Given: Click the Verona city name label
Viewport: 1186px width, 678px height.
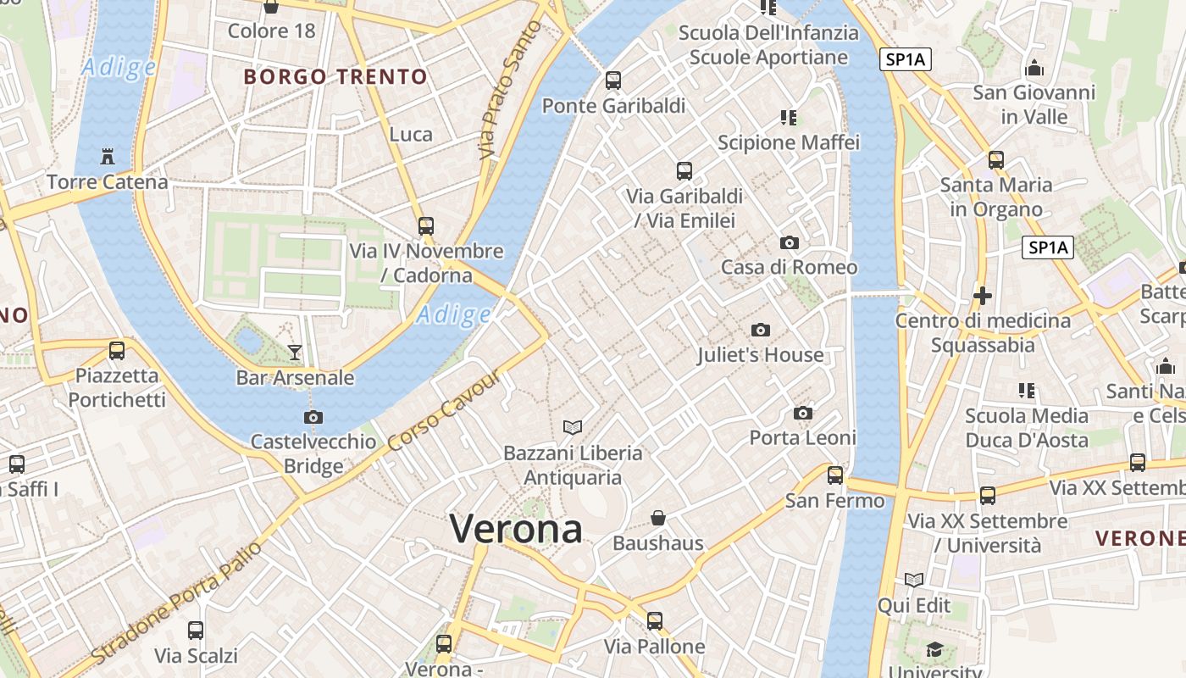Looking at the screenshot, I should (x=516, y=530).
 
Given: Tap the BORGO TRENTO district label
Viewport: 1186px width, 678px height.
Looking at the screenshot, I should (x=335, y=77).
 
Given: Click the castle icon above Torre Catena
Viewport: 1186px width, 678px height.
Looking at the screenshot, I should (x=108, y=156).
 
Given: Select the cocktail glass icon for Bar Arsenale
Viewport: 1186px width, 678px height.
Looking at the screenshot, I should (x=295, y=352).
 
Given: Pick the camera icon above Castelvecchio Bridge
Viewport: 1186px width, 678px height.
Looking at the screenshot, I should (x=313, y=417).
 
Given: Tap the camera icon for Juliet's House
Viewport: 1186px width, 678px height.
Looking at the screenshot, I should (x=761, y=330).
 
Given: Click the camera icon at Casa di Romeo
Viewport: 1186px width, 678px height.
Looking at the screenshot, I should (x=790, y=243).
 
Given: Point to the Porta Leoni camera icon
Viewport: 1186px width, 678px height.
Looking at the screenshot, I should (x=803, y=414).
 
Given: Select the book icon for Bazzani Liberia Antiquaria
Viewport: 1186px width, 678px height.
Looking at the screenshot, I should (x=573, y=427).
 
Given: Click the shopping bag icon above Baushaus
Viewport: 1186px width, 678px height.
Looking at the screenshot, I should (x=658, y=517).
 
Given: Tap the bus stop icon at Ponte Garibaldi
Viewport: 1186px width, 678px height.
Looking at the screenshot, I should (x=613, y=81).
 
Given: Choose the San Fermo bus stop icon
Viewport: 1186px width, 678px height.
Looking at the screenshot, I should (x=835, y=475).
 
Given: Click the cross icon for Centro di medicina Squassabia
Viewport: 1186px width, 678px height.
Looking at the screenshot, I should (x=983, y=296).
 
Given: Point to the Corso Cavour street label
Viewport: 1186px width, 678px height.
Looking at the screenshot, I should (x=445, y=411).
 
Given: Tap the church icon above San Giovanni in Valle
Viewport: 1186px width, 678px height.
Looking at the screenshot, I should (x=1034, y=68).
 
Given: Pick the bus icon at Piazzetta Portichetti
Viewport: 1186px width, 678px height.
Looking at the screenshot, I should (x=117, y=350).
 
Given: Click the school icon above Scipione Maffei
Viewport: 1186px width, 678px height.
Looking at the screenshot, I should (x=789, y=118).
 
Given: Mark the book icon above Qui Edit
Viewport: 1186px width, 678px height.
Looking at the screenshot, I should (x=914, y=581).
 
